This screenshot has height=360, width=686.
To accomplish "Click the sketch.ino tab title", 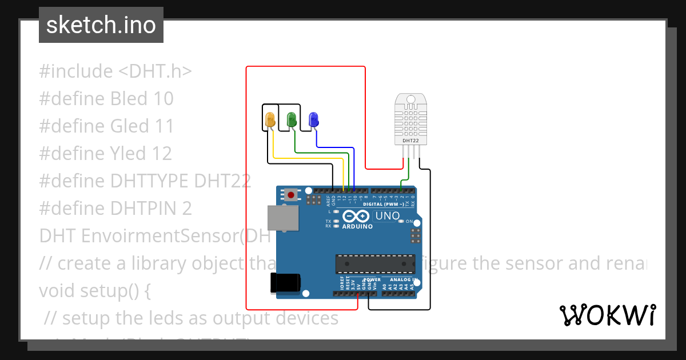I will (101, 25).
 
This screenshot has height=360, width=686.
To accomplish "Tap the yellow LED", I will (270, 119).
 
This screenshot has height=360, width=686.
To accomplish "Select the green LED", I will (292, 119).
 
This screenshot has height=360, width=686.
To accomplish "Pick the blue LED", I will (313, 119).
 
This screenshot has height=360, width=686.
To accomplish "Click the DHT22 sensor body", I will (410, 120).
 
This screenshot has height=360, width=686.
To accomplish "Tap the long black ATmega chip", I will (375, 263).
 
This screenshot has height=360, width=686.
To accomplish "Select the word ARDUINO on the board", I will (357, 226).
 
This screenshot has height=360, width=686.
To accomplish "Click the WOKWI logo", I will (607, 315).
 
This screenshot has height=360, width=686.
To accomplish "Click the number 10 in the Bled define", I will (163, 99).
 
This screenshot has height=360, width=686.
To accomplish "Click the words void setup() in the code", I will (95, 290).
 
